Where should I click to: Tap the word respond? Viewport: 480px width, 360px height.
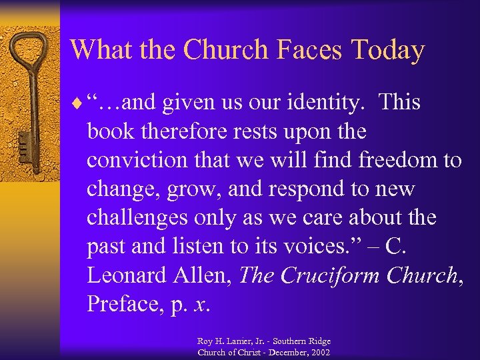click(303, 189)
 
